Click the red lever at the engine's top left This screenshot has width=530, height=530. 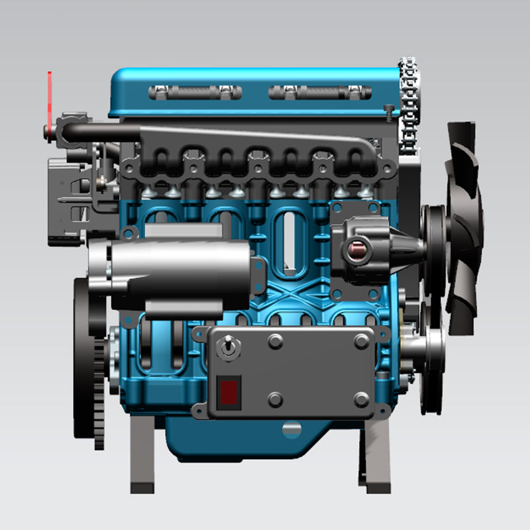click(x=48, y=99)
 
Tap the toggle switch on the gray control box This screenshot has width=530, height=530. click(x=227, y=347)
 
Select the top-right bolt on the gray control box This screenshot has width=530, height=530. click(x=362, y=341)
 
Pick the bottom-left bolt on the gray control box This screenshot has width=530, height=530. click(x=276, y=400)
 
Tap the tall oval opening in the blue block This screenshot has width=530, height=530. click(x=288, y=242)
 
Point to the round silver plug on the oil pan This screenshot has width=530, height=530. click(x=291, y=430)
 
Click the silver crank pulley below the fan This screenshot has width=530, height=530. click(x=424, y=344)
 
